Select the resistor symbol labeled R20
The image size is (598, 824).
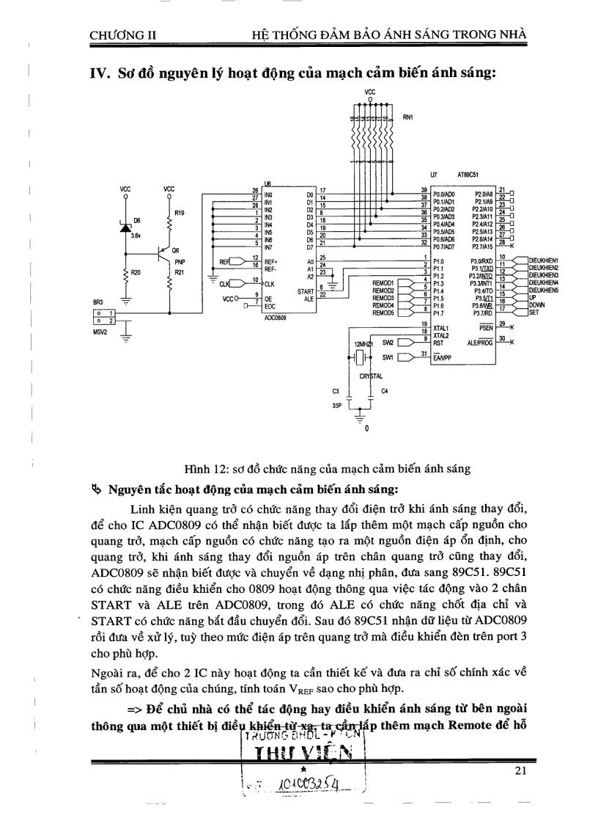coord(126,275)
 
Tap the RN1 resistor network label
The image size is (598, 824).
coord(408,117)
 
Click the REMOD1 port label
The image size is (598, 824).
coord(383,282)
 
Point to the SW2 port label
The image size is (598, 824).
coord(388,343)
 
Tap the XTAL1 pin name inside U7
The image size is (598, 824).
coord(440,328)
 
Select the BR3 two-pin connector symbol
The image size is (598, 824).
coord(104,316)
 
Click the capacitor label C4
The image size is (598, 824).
coord(384,391)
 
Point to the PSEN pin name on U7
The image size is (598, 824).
coord(484,328)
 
